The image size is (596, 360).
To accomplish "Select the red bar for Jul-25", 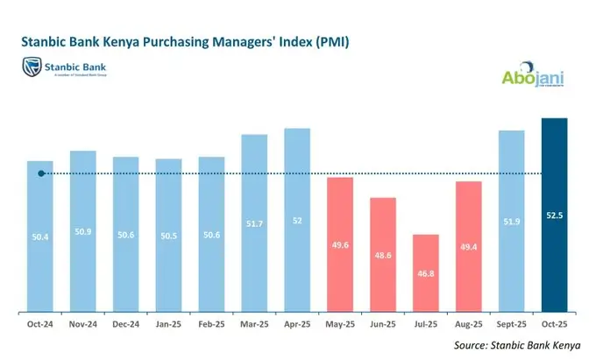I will click(425, 272).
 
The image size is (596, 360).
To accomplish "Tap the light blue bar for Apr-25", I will click(297, 220).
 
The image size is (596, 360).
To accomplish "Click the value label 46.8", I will click(426, 273).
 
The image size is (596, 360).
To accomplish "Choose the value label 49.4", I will click(469, 248).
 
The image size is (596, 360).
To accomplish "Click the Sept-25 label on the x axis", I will click(512, 323).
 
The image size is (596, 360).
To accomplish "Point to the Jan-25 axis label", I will click(168, 323).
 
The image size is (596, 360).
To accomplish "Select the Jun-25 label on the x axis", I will click(383, 323).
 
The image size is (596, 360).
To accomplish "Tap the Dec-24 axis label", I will click(125, 323).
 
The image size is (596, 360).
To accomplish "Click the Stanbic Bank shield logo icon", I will click(32, 67).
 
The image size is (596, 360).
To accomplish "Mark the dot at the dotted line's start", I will click(41, 173).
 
